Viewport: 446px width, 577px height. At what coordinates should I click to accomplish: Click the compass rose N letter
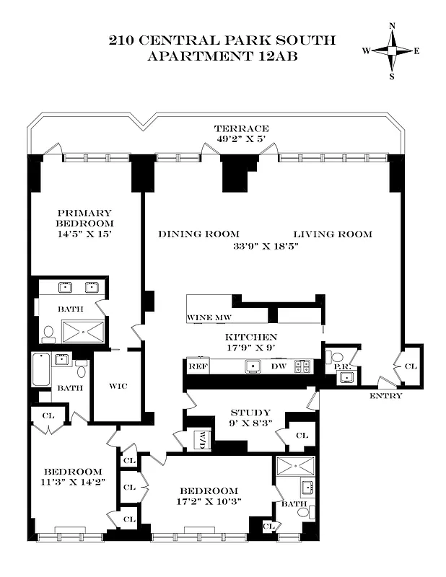click(x=392, y=27)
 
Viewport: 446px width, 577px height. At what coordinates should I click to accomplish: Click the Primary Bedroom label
click(x=85, y=218)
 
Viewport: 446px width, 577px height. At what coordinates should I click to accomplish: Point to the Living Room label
click(x=332, y=234)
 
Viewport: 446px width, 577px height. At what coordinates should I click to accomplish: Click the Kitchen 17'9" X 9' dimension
click(x=251, y=348)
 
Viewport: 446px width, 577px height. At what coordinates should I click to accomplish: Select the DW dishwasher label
click(x=277, y=366)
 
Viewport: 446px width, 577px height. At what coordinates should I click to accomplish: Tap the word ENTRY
click(x=386, y=396)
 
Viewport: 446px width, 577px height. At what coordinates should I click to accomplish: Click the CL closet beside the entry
click(x=411, y=366)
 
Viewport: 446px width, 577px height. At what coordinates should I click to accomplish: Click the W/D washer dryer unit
click(x=201, y=439)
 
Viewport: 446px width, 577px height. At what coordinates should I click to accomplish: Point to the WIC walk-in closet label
click(x=118, y=386)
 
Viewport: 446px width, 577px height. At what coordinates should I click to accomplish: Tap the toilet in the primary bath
click(x=48, y=333)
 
